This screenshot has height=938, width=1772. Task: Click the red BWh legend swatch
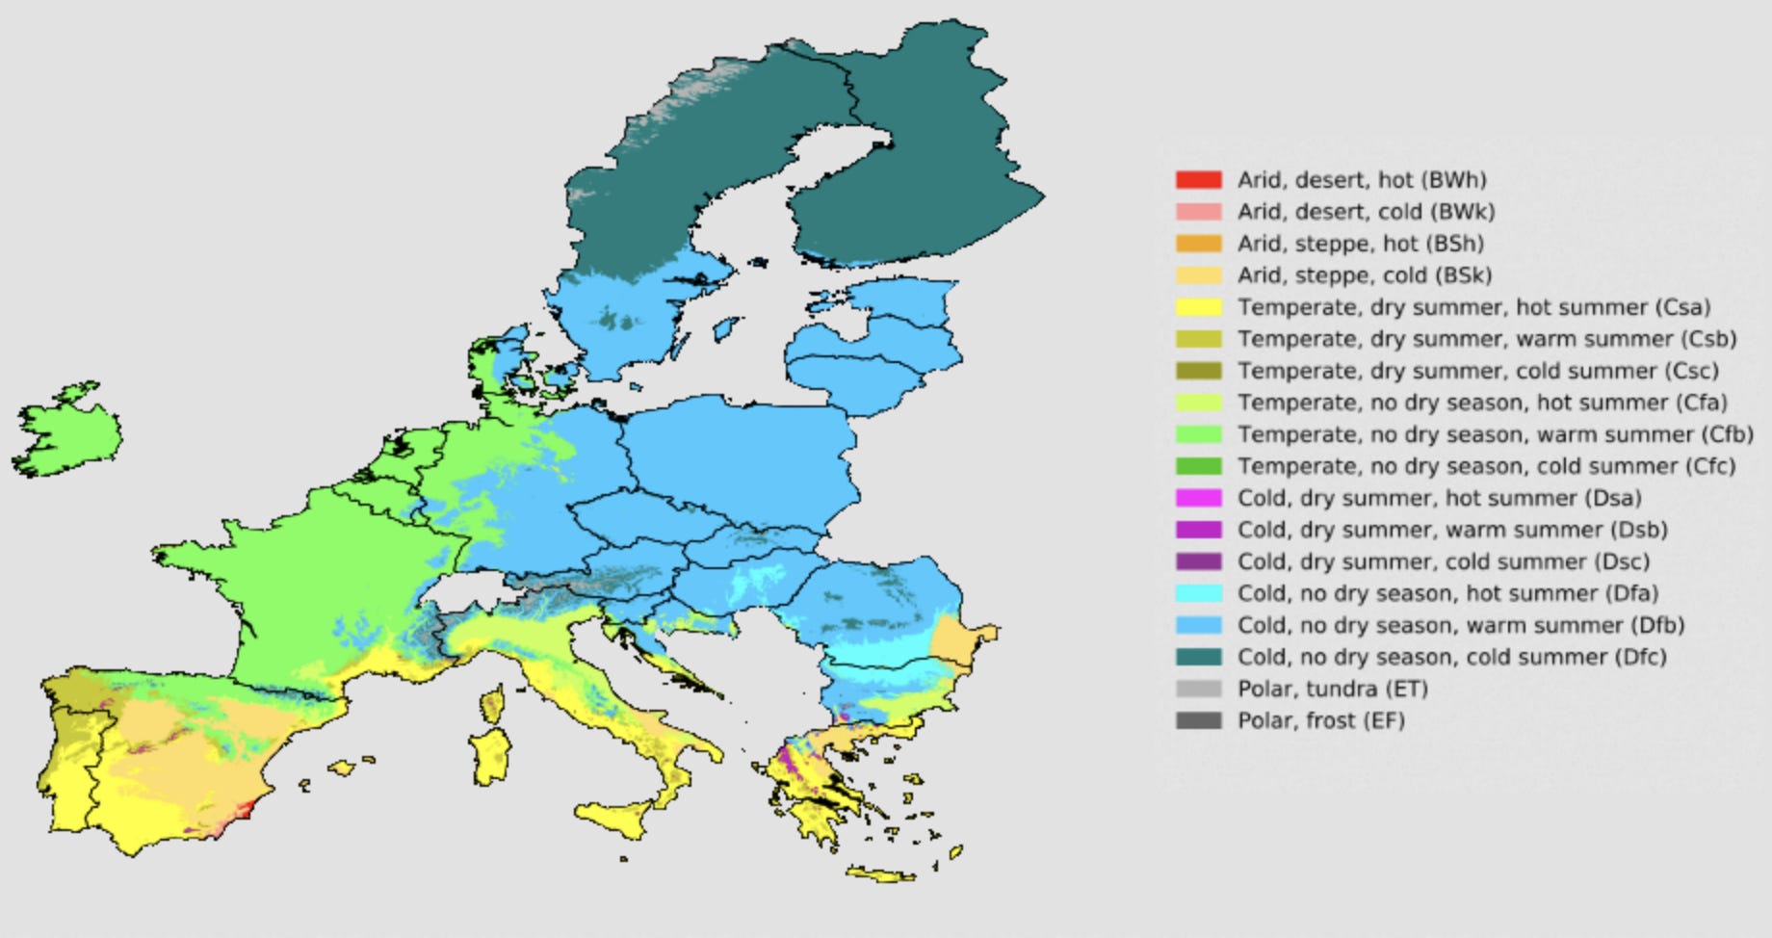point(1198,180)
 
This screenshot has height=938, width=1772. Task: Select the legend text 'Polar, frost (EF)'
point(1320,720)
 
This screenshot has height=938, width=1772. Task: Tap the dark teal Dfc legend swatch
point(1198,657)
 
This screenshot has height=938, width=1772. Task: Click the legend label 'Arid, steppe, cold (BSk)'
point(1364,275)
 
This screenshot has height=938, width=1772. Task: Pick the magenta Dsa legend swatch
point(1198,498)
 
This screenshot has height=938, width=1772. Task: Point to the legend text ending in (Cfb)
point(1495,434)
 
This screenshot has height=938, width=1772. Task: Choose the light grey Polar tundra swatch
point(1198,689)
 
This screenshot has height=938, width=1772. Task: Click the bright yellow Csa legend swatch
point(1198,307)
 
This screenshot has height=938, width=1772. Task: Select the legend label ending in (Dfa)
point(1447,593)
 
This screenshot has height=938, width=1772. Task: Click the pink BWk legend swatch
point(1198,212)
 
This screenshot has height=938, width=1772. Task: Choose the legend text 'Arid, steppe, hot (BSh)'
point(1360,244)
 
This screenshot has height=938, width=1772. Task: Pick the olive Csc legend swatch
point(1198,371)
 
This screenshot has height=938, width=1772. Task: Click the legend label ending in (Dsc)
point(1443,561)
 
